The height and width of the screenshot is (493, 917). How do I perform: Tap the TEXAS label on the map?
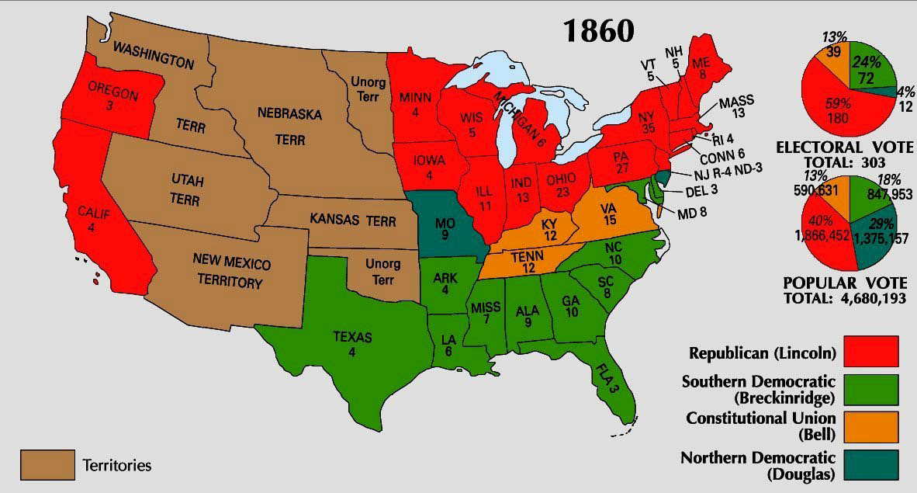pos(353,344)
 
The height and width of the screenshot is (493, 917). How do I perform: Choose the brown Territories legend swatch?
pos(47,465)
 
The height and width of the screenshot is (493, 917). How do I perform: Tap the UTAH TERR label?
pos(186,191)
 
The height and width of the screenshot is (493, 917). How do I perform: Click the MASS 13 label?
pos(736,108)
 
